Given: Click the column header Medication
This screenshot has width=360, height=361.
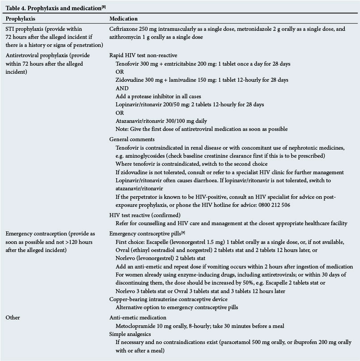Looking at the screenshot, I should tap(124, 19).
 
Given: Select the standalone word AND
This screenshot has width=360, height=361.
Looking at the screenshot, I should tap(122, 88).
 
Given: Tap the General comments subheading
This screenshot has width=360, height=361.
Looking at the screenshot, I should tap(132, 139).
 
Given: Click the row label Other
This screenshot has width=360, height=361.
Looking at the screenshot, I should tap(13, 317).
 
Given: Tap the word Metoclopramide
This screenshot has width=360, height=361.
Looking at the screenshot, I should tap(136, 325).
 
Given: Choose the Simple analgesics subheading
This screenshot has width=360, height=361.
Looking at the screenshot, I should tap(131, 334).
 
